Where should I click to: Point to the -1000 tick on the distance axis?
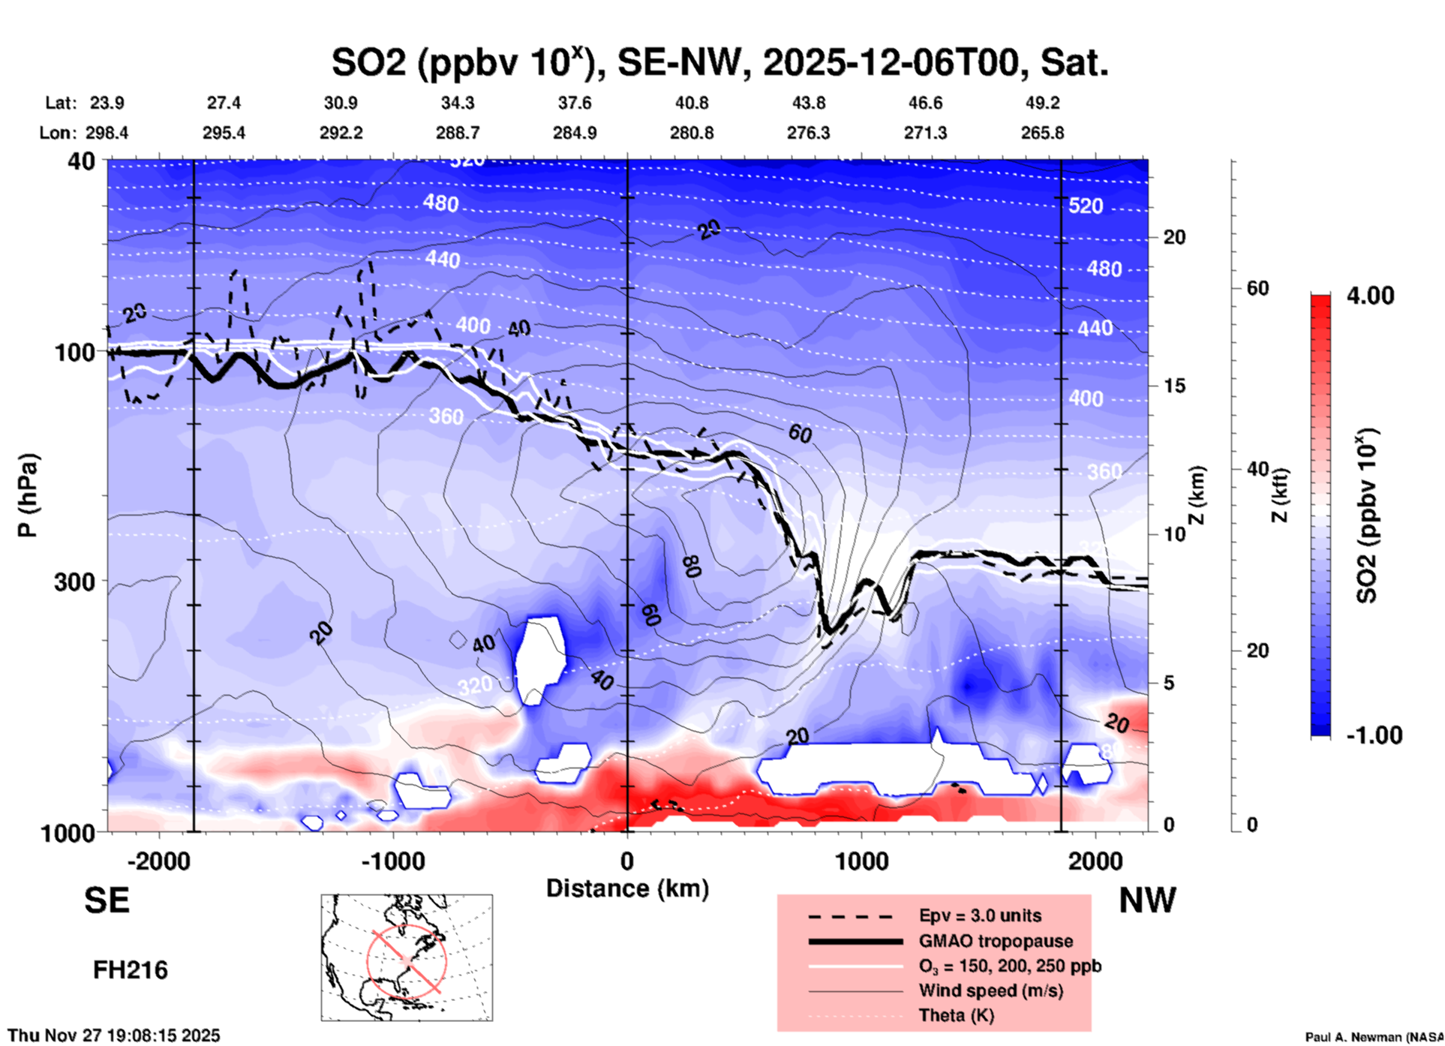(392, 861)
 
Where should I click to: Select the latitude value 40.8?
(691, 103)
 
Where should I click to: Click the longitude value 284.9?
(575, 133)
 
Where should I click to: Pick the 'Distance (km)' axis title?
(627, 888)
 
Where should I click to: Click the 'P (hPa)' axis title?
(28, 495)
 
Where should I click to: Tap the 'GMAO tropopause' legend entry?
(995, 941)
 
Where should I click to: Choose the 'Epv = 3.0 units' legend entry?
(979, 915)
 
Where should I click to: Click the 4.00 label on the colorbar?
(1370, 296)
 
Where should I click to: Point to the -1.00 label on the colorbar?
(1374, 735)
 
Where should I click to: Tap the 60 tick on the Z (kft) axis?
(1257, 288)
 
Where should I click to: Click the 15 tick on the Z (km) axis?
(1174, 386)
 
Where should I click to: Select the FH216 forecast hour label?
(130, 970)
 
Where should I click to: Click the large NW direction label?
(1147, 900)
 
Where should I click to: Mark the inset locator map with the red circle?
(407, 957)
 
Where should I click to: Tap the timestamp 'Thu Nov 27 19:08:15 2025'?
(114, 1035)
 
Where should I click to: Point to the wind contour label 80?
(692, 567)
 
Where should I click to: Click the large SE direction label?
(107, 900)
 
